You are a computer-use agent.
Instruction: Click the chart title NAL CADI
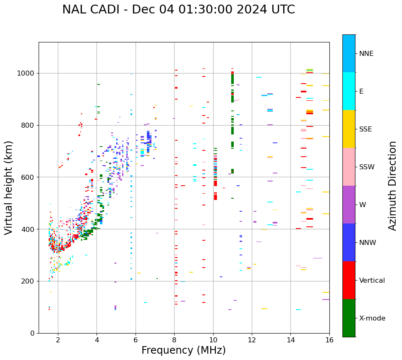coord(178,10)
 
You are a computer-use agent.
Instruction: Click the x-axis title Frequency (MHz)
coord(183,350)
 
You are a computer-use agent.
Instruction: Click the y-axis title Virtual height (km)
coord(9,188)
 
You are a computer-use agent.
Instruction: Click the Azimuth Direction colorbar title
coord(392,186)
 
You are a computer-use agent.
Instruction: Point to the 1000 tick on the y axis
coord(28,73)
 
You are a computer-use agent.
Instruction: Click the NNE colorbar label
coord(366,54)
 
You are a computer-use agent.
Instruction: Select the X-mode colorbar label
coord(372,318)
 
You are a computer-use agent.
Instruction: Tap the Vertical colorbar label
coord(372,281)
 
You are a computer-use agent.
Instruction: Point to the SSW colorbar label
coord(367,167)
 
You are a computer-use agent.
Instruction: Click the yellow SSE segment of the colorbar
coord(349,129)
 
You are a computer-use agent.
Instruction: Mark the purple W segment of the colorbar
coord(349,205)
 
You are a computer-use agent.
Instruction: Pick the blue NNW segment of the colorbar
coord(349,242)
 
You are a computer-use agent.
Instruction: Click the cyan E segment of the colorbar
coord(349,91)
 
